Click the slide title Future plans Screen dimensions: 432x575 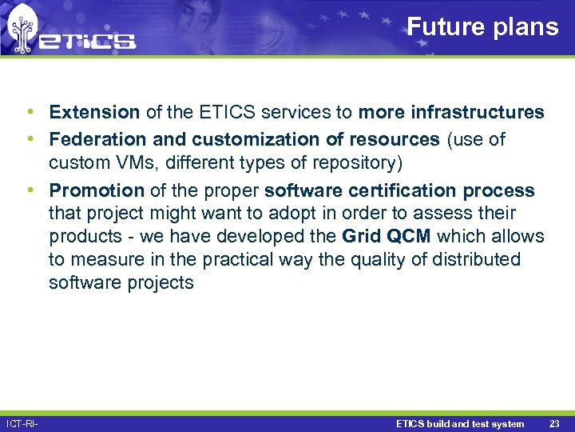(482, 26)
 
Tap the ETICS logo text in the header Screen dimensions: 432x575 (88, 41)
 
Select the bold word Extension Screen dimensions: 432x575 (94, 112)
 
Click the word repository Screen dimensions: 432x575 (355, 163)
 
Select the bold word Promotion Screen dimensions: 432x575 (97, 191)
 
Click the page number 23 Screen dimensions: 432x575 (556, 424)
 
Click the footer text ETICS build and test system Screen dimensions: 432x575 (460, 424)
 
